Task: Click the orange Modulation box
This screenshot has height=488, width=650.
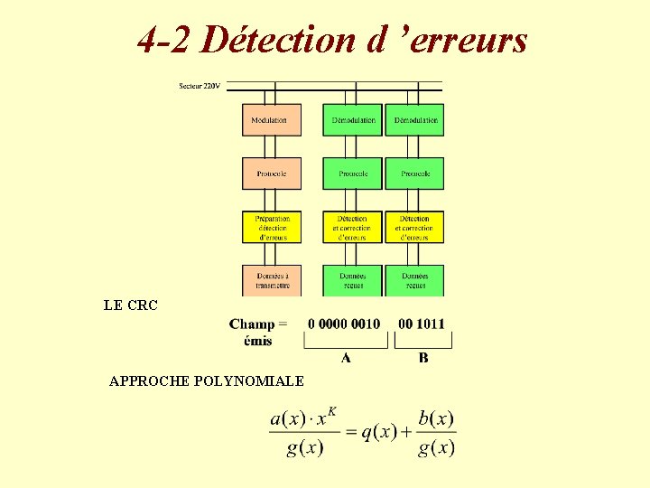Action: (271, 120)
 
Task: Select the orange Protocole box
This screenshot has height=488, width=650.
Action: (271, 174)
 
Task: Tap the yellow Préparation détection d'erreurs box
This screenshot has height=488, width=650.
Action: (271, 227)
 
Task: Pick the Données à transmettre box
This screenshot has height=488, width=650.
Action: (271, 280)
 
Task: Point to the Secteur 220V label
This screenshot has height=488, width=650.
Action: (200, 86)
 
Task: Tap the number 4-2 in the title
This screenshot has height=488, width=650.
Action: (166, 40)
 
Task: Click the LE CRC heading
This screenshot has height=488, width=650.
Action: (131, 305)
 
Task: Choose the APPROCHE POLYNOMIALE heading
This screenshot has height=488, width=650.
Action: (206, 381)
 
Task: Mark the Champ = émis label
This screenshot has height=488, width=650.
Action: (258, 332)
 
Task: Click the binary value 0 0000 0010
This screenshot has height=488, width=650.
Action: (344, 324)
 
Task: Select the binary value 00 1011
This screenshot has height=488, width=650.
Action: (422, 324)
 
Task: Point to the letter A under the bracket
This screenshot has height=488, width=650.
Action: (346, 358)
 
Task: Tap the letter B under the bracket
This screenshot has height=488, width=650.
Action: (423, 358)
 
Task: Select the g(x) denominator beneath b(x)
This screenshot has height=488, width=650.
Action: (436, 447)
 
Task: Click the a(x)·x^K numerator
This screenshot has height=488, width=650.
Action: (304, 418)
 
